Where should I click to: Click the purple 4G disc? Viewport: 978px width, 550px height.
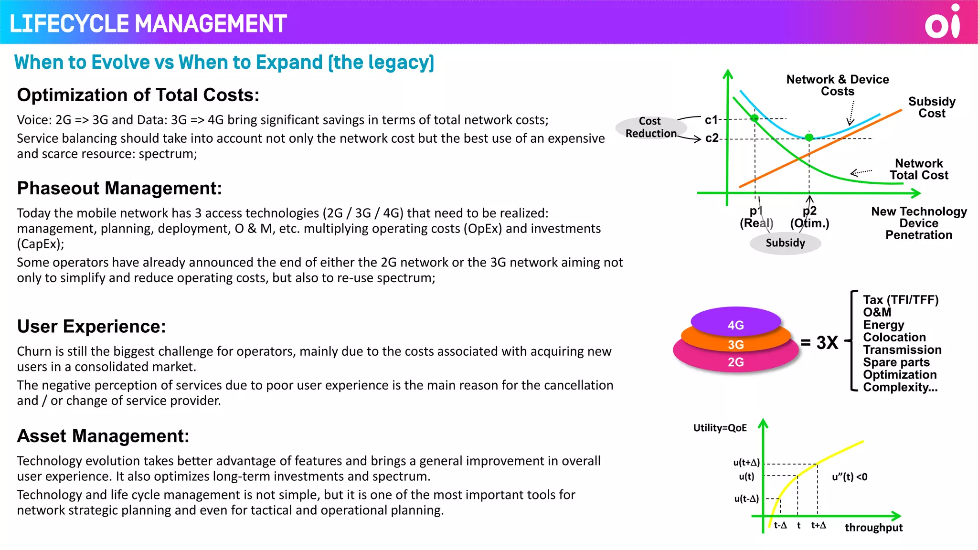tap(735, 321)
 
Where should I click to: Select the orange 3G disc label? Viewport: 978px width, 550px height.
tap(735, 344)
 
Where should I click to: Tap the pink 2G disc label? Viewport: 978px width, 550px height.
tap(735, 362)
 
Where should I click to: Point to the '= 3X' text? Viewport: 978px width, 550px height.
tap(819, 342)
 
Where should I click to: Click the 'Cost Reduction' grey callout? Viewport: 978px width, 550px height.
tap(651, 127)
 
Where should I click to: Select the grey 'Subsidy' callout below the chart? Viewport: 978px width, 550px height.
tap(785, 243)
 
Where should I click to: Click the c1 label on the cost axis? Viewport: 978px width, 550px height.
tap(711, 120)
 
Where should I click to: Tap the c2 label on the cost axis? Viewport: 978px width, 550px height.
tap(712, 138)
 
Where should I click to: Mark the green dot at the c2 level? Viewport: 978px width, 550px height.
tap(809, 137)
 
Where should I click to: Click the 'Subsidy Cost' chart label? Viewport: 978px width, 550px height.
tap(932, 107)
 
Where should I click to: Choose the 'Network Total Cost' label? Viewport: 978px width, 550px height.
tap(919, 169)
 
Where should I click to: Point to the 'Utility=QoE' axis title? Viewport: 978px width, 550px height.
tap(720, 428)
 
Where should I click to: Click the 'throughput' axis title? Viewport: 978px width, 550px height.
tap(873, 528)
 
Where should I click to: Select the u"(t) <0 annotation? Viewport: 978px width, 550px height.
tap(850, 476)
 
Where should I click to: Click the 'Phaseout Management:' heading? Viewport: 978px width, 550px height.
tap(119, 188)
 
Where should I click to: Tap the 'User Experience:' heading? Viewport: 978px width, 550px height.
tap(91, 327)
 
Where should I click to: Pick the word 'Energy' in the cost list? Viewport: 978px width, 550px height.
tap(883, 325)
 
